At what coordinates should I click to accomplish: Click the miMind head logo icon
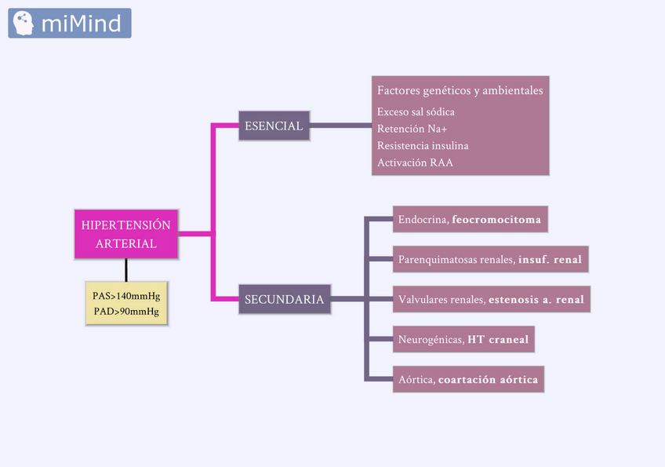[24, 23]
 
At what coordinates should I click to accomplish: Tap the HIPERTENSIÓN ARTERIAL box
[125, 234]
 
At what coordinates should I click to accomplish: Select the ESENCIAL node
[274, 126]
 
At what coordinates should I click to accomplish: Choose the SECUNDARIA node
[284, 299]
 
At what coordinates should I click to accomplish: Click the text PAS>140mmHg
[125, 296]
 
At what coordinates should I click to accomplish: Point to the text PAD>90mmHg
[125, 312]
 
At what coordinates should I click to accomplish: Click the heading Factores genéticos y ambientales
[460, 91]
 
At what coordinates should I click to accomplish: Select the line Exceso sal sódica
[416, 111]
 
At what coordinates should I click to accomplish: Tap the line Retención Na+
[412, 129]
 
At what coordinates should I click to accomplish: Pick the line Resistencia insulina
[423, 146]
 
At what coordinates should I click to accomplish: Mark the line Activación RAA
[415, 163]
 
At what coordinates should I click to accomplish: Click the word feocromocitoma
[496, 220]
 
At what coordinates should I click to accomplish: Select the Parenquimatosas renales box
[490, 259]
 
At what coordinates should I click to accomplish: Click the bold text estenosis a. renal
[536, 299]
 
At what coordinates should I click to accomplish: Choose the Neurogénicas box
[463, 340]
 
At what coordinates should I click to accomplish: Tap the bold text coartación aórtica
[488, 380]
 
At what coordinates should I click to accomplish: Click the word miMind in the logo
[81, 24]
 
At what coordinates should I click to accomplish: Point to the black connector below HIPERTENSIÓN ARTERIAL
[125, 269]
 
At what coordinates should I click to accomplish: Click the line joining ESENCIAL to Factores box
[340, 126]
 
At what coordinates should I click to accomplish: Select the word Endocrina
[422, 220]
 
